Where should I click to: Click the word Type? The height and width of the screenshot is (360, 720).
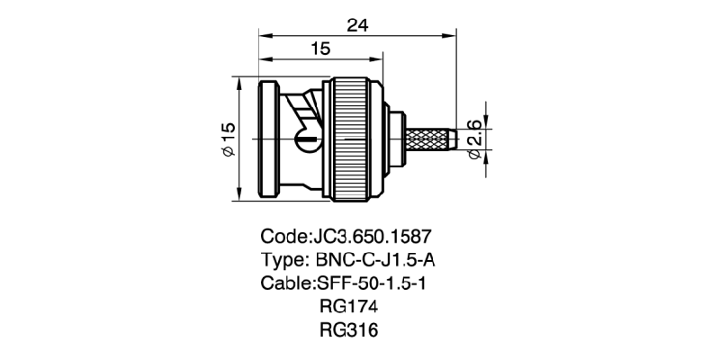tap(283, 260)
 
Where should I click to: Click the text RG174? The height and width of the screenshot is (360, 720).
tap(348, 307)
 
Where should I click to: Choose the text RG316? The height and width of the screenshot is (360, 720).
tap(348, 330)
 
